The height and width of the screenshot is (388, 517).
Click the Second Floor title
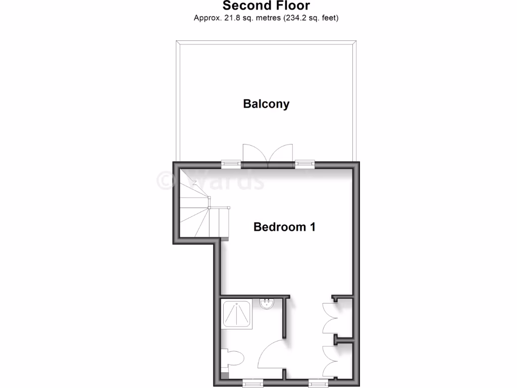[x=266, y=6]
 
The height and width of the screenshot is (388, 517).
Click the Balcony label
[x=266, y=104]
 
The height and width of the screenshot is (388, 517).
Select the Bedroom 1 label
[x=284, y=227]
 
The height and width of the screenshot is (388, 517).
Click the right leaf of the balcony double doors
[x=281, y=153]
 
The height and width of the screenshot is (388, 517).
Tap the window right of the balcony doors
[x=304, y=163]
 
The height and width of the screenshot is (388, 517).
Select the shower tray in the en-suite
[x=237, y=314]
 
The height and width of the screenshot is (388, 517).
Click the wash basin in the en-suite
[x=266, y=304]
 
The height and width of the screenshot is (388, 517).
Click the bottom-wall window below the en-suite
[x=250, y=383]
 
